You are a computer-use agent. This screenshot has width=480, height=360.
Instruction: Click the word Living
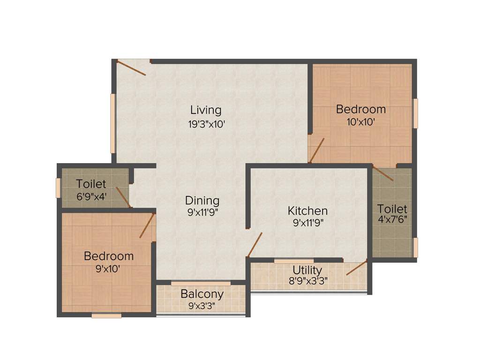click(x=206, y=111)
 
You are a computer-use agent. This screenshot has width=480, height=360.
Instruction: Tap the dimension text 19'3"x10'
click(x=206, y=124)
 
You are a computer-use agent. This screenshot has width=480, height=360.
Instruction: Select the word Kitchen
click(x=307, y=210)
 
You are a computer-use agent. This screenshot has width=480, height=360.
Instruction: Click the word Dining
click(x=202, y=201)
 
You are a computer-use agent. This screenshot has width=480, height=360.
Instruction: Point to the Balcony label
click(x=202, y=294)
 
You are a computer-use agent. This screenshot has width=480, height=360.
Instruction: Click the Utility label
click(x=307, y=270)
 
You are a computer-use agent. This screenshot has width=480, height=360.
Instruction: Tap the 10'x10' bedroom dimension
click(x=361, y=122)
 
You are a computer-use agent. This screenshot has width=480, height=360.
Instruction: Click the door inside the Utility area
click(x=356, y=267)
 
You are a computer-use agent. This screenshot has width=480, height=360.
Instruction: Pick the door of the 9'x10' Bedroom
click(x=147, y=225)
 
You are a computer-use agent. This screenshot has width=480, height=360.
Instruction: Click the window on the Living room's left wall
click(x=112, y=123)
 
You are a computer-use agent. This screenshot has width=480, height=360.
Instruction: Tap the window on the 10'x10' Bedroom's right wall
click(x=415, y=113)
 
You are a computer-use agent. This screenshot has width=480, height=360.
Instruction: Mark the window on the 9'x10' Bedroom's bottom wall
click(x=106, y=315)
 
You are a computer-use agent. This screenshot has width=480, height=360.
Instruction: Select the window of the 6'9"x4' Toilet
click(x=58, y=188)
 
